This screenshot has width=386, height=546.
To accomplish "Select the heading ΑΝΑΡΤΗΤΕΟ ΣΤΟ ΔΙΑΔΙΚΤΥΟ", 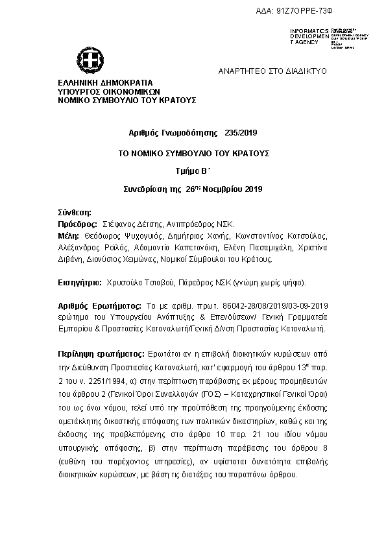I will pyautogui.click(x=272, y=70).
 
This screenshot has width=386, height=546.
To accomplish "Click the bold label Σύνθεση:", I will pyautogui.click(x=71, y=212).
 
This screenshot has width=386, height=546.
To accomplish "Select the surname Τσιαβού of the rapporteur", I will pyautogui.click(x=160, y=283).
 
